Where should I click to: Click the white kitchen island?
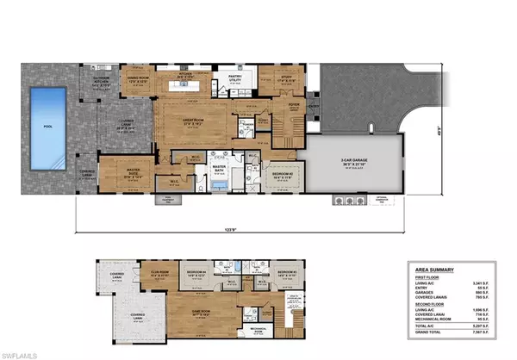point(194,88)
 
